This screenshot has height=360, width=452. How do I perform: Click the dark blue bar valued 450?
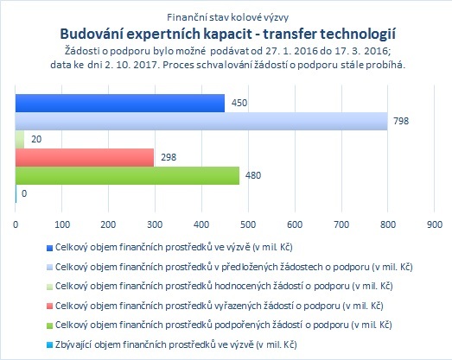click(120, 103)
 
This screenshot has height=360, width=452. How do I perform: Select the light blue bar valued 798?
click(201, 121)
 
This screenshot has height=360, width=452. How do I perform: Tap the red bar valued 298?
click(85, 157)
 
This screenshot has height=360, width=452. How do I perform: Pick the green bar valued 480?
click(127, 175)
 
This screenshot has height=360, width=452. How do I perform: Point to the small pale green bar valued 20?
click(20, 139)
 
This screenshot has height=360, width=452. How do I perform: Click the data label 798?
click(401, 121)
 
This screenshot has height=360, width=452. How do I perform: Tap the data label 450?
click(239, 103)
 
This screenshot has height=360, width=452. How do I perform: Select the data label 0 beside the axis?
click(24, 193)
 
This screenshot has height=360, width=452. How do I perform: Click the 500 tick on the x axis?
click(248, 224)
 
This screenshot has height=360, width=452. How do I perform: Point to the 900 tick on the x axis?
click(434, 224)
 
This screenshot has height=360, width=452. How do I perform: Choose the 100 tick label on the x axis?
click(62, 224)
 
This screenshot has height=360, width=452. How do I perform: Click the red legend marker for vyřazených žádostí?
click(49, 306)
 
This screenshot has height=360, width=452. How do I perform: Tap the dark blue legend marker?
click(49, 248)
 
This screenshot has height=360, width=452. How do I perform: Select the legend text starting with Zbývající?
click(175, 344)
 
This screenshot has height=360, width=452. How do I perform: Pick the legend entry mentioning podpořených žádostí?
click(223, 325)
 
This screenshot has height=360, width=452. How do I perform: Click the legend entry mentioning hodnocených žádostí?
click(224, 287)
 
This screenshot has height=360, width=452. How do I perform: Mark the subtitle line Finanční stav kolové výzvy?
click(228, 17)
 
